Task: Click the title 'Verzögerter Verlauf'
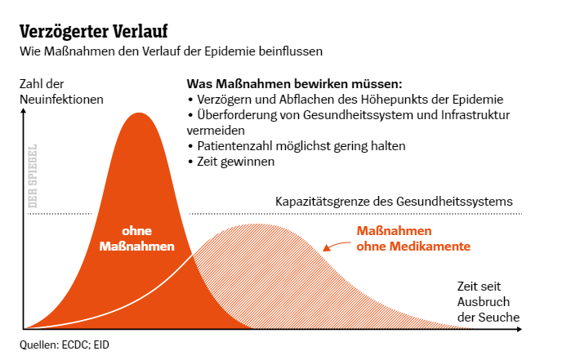pos(93,32)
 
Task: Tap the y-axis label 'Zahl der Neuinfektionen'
pos(61,91)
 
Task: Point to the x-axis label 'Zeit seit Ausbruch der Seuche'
pos(487,302)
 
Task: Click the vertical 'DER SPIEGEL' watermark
pos(33,177)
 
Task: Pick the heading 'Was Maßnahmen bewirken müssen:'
pos(294,84)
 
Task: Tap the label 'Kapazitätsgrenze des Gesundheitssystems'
pos(394,201)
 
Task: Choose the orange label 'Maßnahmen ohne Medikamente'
pos(413,238)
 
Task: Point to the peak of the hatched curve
pos(256,224)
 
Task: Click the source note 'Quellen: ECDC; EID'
pos(65,344)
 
